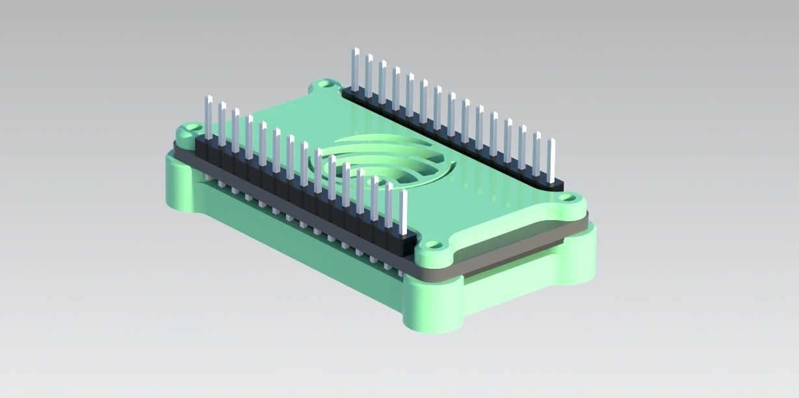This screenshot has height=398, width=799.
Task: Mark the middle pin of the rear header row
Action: (x=452, y=114)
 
